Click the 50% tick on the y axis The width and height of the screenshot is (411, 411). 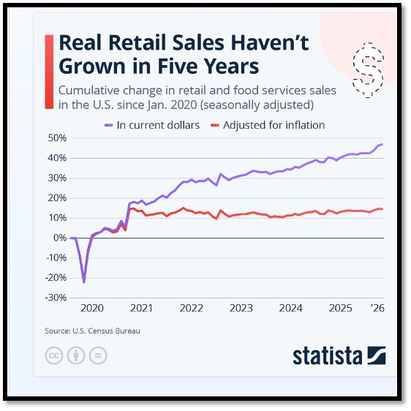(57, 138)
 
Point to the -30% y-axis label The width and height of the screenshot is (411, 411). (56, 298)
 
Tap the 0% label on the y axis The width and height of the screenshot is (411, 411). (60, 238)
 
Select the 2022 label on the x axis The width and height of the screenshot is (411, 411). (192, 308)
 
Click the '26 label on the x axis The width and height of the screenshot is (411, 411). (377, 308)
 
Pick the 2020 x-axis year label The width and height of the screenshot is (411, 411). (92, 308)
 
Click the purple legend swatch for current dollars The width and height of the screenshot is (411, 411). (109, 125)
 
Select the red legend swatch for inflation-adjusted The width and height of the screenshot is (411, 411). (215, 125)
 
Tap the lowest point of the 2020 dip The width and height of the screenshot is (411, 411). (84, 282)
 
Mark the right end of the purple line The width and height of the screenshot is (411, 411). (382, 144)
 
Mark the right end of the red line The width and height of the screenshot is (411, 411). (382, 209)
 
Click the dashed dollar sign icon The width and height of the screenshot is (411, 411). (368, 70)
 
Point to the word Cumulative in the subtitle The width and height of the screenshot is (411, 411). (89, 91)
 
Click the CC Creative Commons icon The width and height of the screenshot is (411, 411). (54, 355)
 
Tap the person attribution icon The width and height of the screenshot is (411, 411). (76, 355)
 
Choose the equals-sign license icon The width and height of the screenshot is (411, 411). (98, 355)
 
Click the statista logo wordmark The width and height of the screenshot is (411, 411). (328, 355)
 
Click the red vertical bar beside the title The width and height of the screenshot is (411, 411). (49, 72)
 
